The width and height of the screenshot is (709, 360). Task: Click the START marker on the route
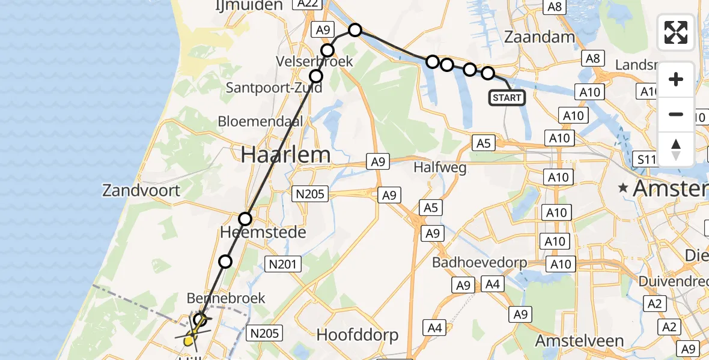click(x=508, y=97)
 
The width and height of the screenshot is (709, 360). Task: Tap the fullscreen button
click(x=676, y=32)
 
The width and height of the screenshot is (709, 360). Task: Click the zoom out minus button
click(x=676, y=115)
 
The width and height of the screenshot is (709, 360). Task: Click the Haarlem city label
click(x=285, y=155)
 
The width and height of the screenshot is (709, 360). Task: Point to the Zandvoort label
click(x=141, y=191)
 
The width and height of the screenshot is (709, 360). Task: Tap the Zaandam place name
click(x=540, y=37)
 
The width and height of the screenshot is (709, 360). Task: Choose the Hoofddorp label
click(x=358, y=335)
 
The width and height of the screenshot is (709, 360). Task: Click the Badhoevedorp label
click(x=479, y=263)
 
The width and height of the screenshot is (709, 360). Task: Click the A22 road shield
click(x=306, y=4)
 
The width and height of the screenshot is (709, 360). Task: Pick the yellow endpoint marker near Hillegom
click(x=189, y=341)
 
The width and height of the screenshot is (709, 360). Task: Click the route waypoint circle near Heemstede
click(x=245, y=219)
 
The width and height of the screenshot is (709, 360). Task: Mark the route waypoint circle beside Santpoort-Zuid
click(x=316, y=76)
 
